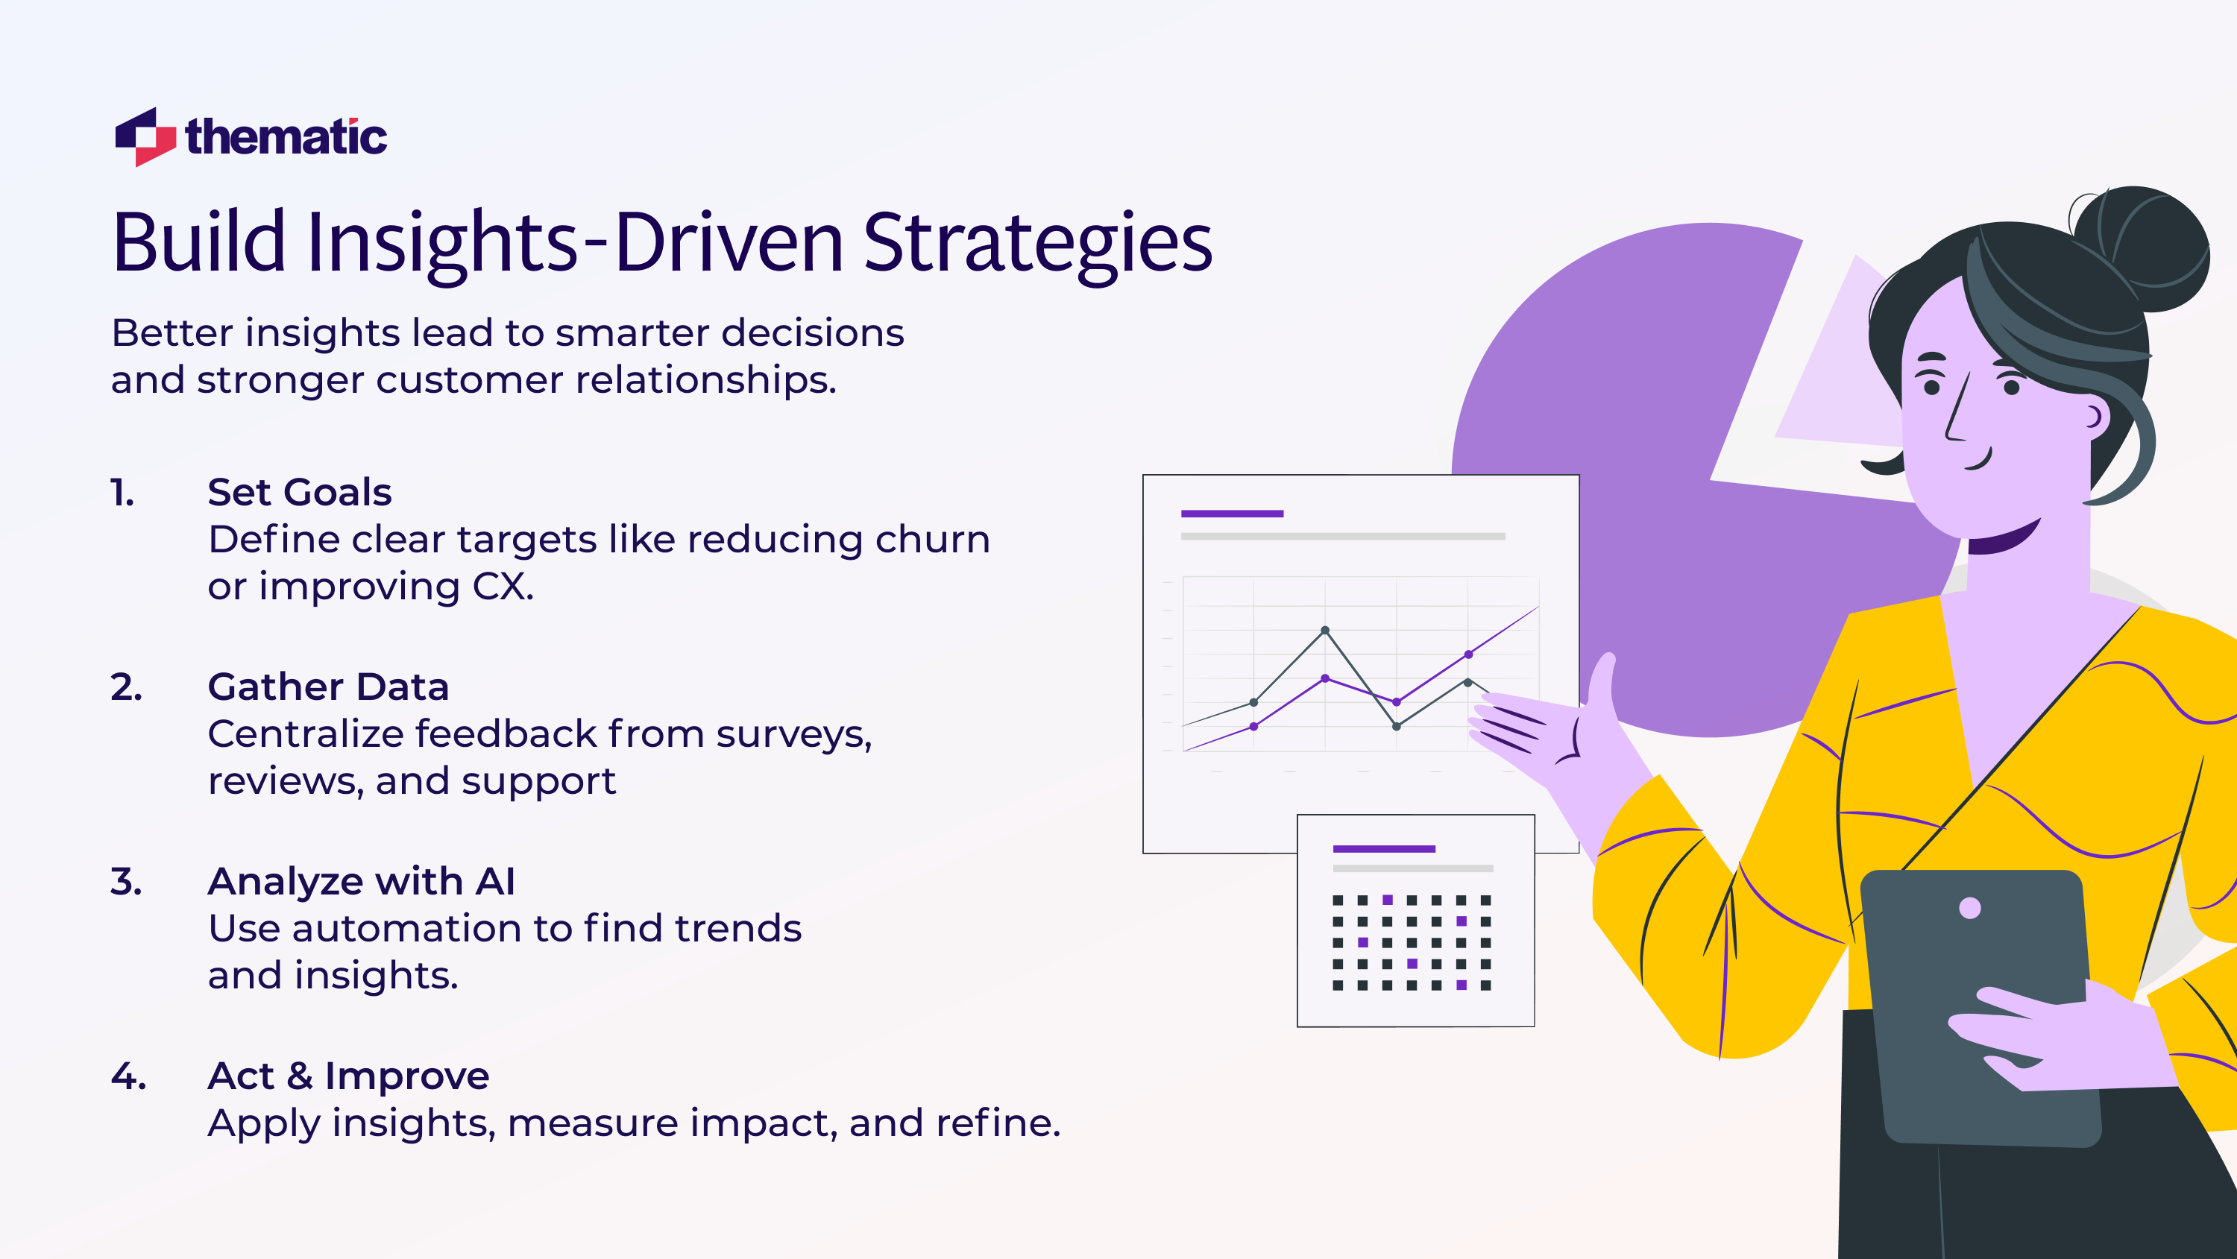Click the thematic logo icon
point(145,137)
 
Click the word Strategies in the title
point(1037,243)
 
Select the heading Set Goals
point(300,492)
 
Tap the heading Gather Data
point(328,687)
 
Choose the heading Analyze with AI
point(361,881)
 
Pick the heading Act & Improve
point(348,1076)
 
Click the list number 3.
point(125,881)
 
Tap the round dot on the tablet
point(1969,908)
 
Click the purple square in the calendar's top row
point(1387,900)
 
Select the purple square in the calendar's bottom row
point(1462,985)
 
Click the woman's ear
point(2095,417)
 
